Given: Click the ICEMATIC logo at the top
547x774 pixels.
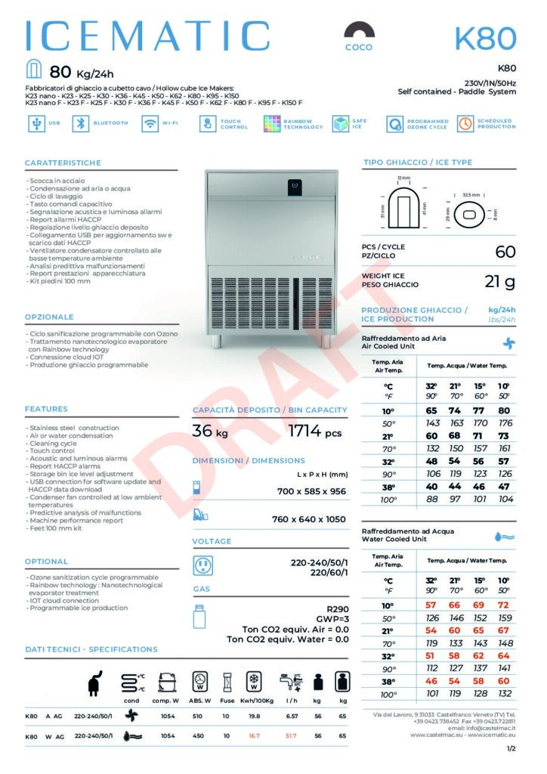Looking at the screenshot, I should pyautogui.click(x=147, y=36).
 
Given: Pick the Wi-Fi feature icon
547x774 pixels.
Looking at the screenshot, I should pyautogui.click(x=150, y=124).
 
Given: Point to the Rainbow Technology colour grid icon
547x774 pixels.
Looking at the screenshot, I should pyautogui.click(x=273, y=124).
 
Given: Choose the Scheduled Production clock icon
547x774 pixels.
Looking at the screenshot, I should pyautogui.click(x=465, y=124).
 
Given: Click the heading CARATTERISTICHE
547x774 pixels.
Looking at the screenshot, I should pyautogui.click(x=63, y=163).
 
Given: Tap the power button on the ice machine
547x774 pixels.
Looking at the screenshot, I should pyautogui.click(x=295, y=184).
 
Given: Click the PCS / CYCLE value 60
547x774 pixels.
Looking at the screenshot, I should pyautogui.click(x=505, y=252).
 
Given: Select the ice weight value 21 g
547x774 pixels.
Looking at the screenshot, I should pyautogui.click(x=499, y=282).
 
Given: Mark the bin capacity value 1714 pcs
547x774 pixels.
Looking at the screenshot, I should pyautogui.click(x=315, y=432).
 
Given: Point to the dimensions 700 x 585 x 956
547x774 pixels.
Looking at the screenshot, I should pyautogui.click(x=311, y=491).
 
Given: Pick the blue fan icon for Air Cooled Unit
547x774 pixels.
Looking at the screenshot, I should pyautogui.click(x=508, y=342).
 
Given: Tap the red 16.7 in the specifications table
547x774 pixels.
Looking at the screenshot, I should pyautogui.click(x=254, y=735).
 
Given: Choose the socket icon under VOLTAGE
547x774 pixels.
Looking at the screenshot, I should pyautogui.click(x=202, y=565).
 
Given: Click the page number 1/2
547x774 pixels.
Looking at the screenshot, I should pyautogui.click(x=511, y=748).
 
